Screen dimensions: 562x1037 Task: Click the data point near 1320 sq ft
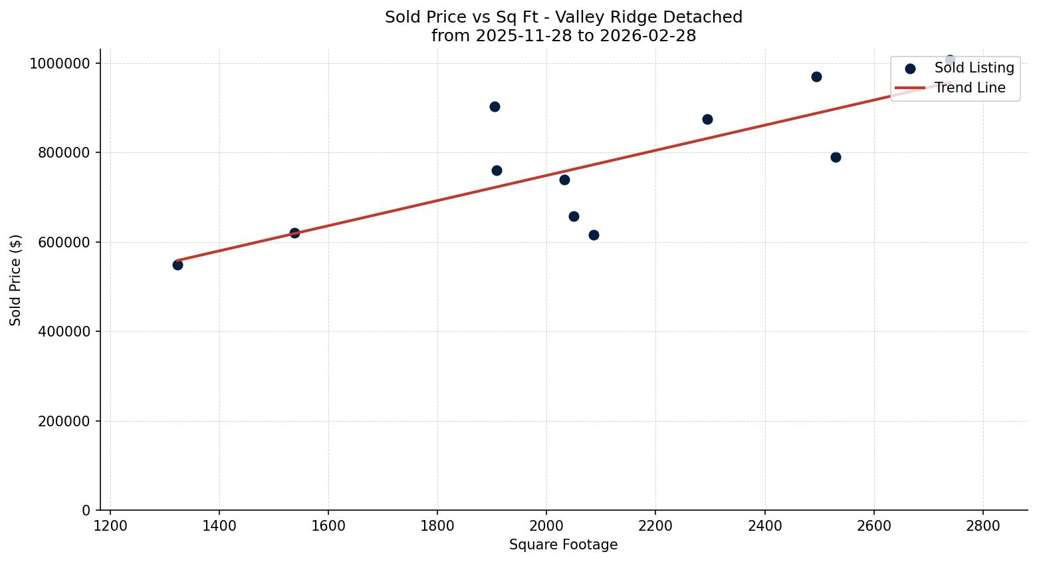pos(177,265)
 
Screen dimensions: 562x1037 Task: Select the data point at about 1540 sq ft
pos(294,233)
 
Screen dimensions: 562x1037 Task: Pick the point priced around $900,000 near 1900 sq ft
pos(495,106)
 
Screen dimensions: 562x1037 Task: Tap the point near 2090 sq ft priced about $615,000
pos(594,235)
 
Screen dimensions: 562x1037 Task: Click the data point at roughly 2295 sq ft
pos(707,119)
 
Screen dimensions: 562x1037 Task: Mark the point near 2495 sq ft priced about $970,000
pos(816,76)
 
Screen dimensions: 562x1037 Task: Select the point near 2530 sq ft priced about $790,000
pos(836,157)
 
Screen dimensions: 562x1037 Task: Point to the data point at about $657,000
pos(574,216)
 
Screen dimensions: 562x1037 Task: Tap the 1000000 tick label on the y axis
pos(59,64)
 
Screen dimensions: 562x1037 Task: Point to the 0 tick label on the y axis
pos(86,511)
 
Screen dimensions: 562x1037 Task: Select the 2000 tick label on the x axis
pos(546,525)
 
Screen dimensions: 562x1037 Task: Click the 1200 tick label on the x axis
pos(110,525)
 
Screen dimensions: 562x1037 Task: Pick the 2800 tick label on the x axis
pos(982,525)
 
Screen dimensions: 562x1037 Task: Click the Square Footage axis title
pos(563,545)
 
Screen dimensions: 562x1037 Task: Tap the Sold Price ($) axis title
pos(16,280)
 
